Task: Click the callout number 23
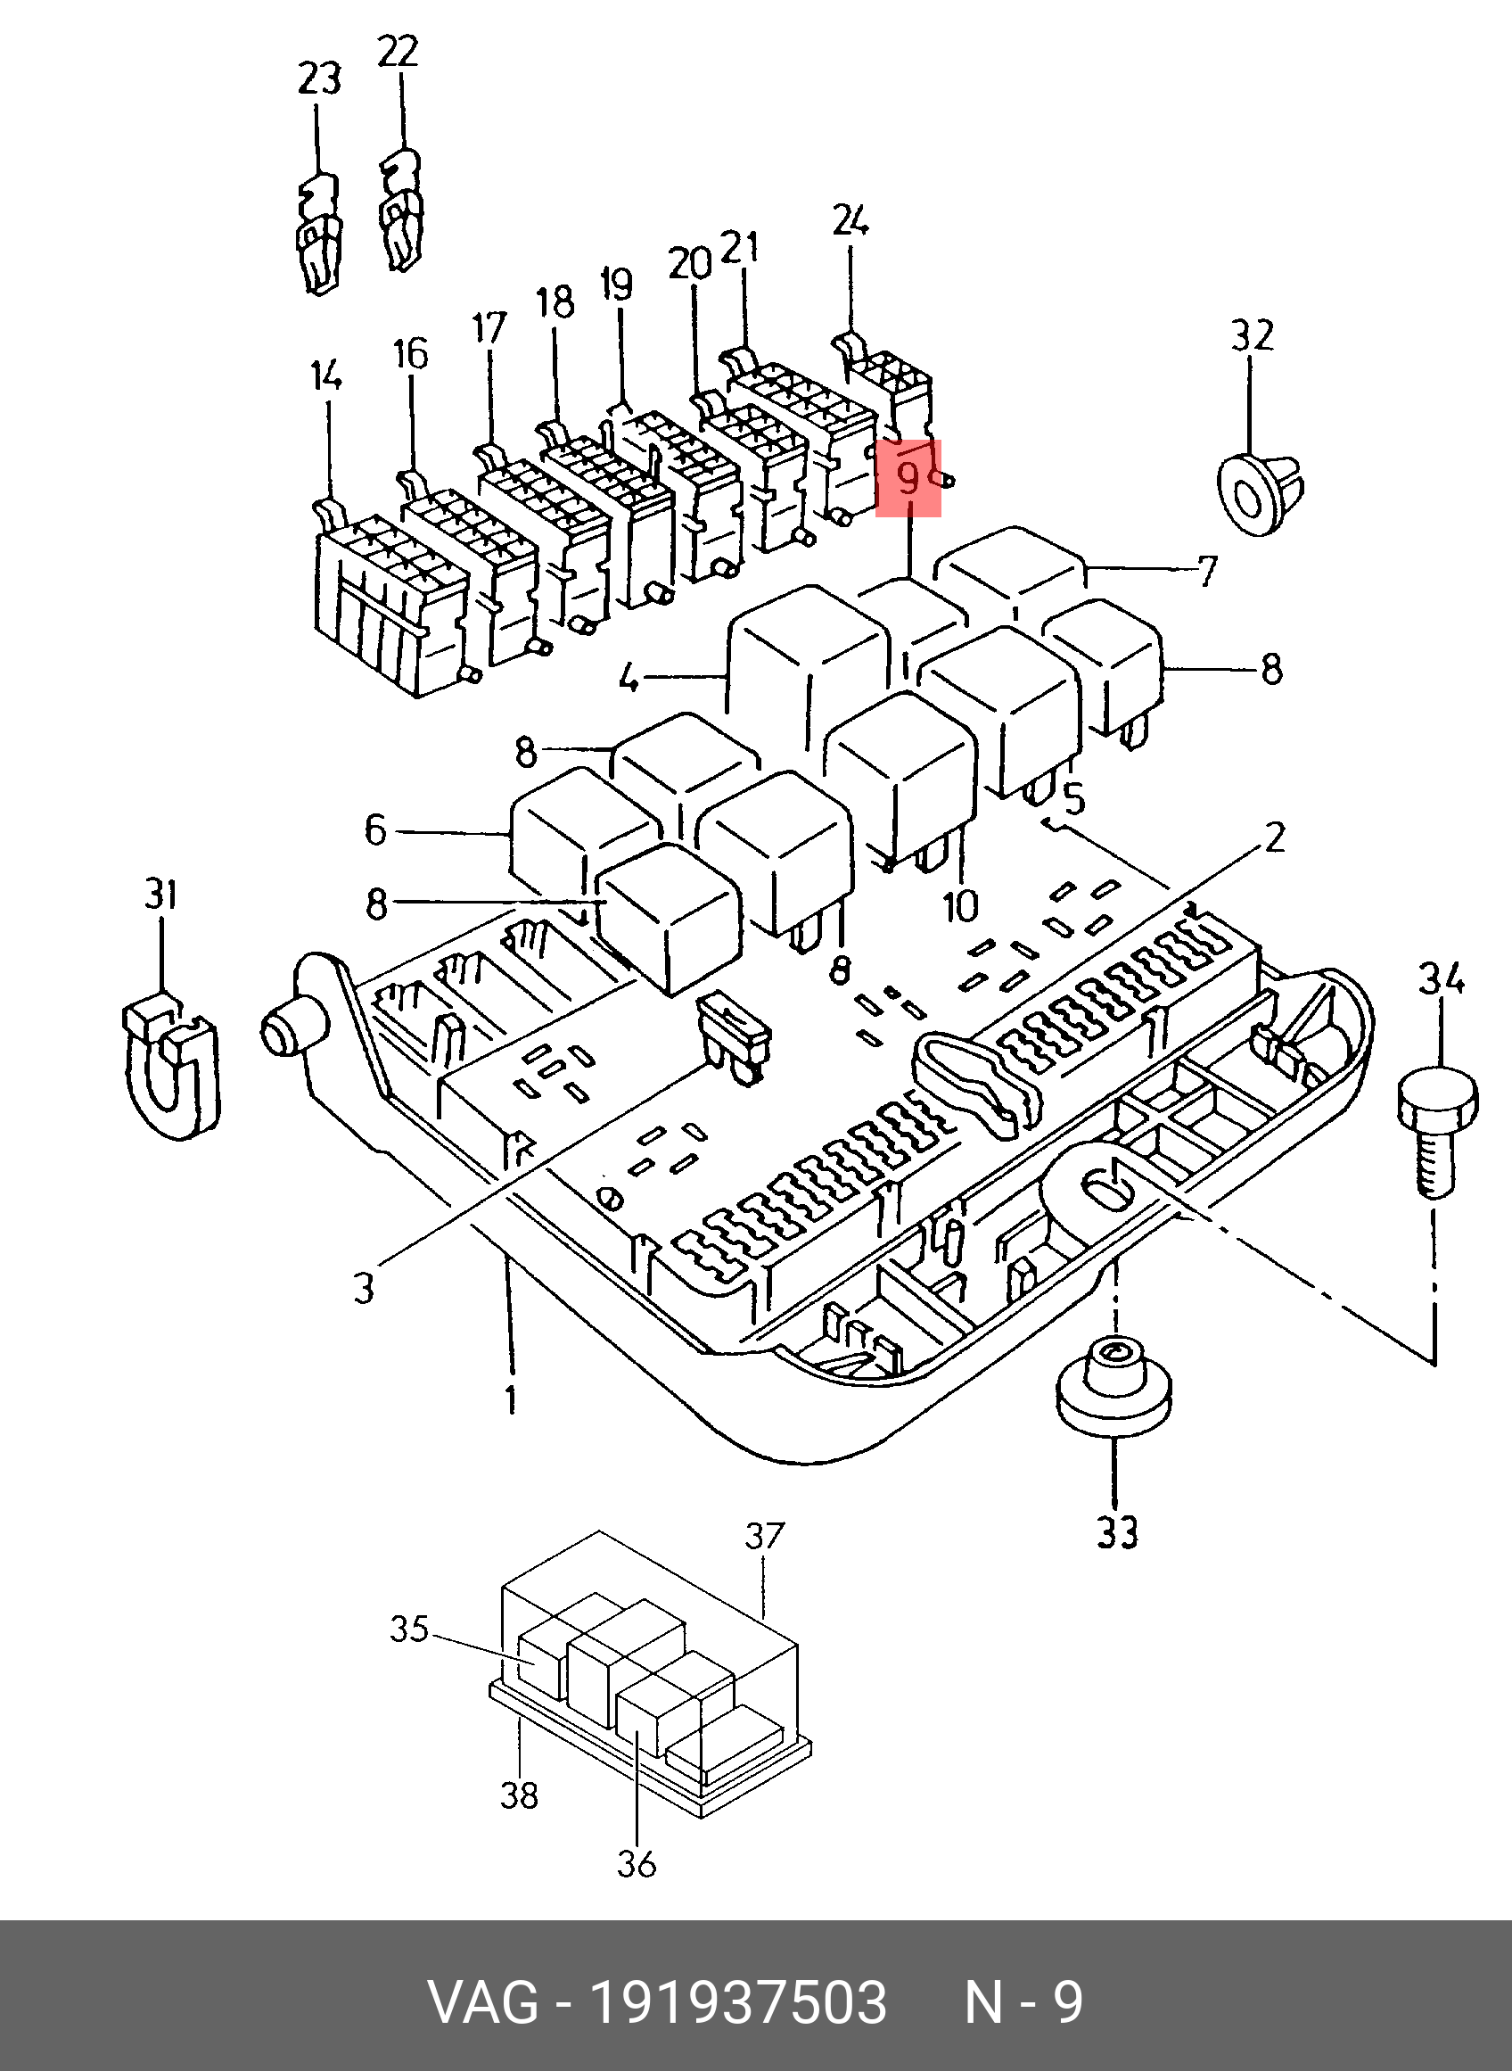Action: pos(318,79)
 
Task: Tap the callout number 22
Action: pos(399,51)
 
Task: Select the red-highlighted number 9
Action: pos(908,478)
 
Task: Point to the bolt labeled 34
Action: pos(1436,1134)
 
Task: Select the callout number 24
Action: pos(850,220)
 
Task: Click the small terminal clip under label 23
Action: pos(317,232)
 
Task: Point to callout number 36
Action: pos(637,1861)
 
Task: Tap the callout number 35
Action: pos(409,1630)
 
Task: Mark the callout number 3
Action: pos(364,1288)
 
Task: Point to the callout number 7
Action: pos(1208,571)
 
